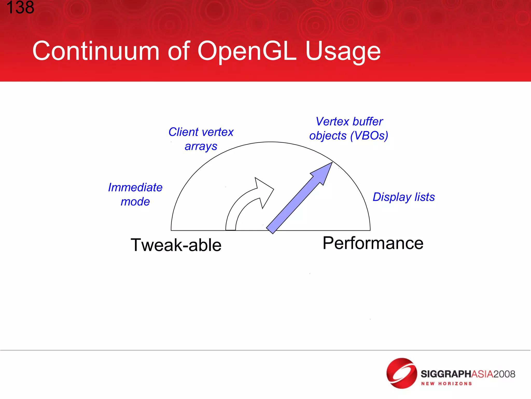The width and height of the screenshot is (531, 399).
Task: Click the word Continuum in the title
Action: click(x=96, y=51)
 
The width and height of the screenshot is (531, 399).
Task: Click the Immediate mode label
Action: click(x=135, y=194)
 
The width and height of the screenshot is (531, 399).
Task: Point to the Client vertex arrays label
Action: click(x=201, y=139)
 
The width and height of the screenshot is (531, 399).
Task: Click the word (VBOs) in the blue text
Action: click(x=369, y=136)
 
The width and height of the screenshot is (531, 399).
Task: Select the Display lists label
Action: click(x=403, y=197)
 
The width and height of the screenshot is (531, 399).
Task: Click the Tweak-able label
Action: click(x=176, y=245)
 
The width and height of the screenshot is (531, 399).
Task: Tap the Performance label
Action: click(x=373, y=243)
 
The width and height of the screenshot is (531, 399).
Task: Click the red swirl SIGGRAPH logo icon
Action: click(x=401, y=373)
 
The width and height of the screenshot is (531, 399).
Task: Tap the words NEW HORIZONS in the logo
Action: click(x=446, y=384)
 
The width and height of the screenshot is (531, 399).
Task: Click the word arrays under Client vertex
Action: click(x=201, y=147)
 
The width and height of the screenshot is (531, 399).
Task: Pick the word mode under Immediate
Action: click(x=135, y=202)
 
